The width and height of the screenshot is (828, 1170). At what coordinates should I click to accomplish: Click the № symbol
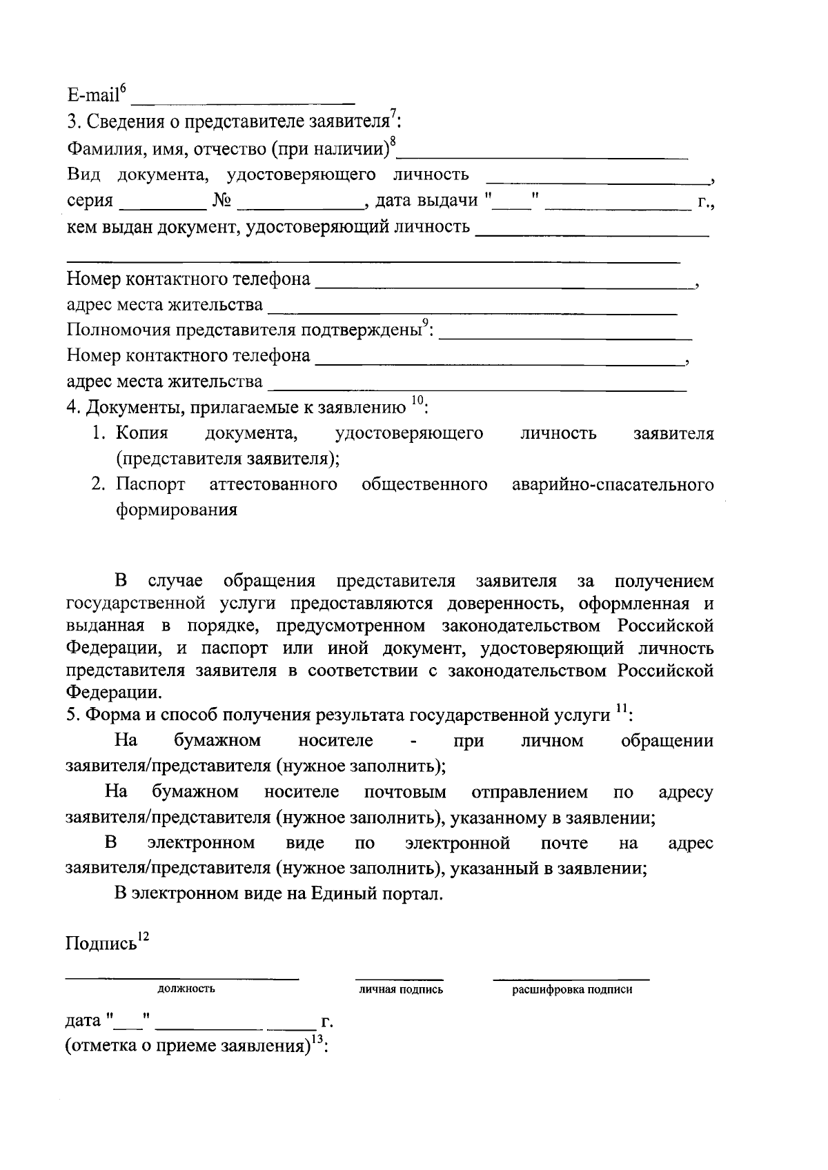[222, 201]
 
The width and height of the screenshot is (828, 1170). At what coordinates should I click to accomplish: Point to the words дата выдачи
[426, 201]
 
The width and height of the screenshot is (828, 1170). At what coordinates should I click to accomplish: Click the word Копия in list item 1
[141, 433]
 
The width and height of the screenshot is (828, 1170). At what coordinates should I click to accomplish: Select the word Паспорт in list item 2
[150, 484]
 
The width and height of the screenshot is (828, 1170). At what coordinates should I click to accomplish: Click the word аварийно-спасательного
[613, 484]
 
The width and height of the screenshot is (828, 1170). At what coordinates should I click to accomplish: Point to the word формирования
[177, 510]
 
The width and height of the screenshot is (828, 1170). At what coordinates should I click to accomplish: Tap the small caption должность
[186, 989]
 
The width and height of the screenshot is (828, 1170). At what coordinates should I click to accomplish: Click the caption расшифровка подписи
[571, 990]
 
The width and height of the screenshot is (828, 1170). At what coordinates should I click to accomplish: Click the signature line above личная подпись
[399, 978]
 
